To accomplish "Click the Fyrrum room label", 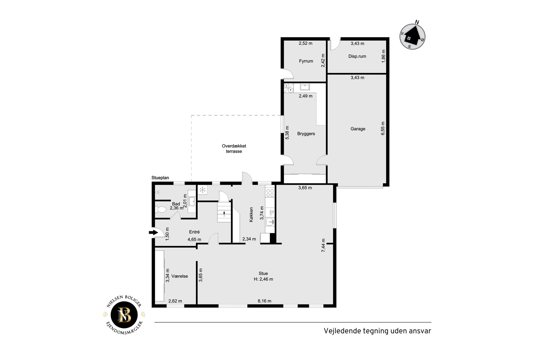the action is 306,61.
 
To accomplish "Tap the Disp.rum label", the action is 357,56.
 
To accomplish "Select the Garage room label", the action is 358,129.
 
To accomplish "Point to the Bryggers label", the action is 306,134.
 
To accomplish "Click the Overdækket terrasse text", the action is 234,149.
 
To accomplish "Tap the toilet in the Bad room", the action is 161,210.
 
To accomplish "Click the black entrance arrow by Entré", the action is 153,232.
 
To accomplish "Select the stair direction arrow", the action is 224,213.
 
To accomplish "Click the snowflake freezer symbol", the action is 202,190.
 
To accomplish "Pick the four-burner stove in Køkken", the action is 270,193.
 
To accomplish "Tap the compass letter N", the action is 417,22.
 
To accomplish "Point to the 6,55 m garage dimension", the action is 383,128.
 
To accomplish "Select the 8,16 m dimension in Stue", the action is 265,301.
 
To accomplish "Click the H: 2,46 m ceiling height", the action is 263,279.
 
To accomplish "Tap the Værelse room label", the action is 179,276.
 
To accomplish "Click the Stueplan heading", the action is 160,178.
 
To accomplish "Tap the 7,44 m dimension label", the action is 324,246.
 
